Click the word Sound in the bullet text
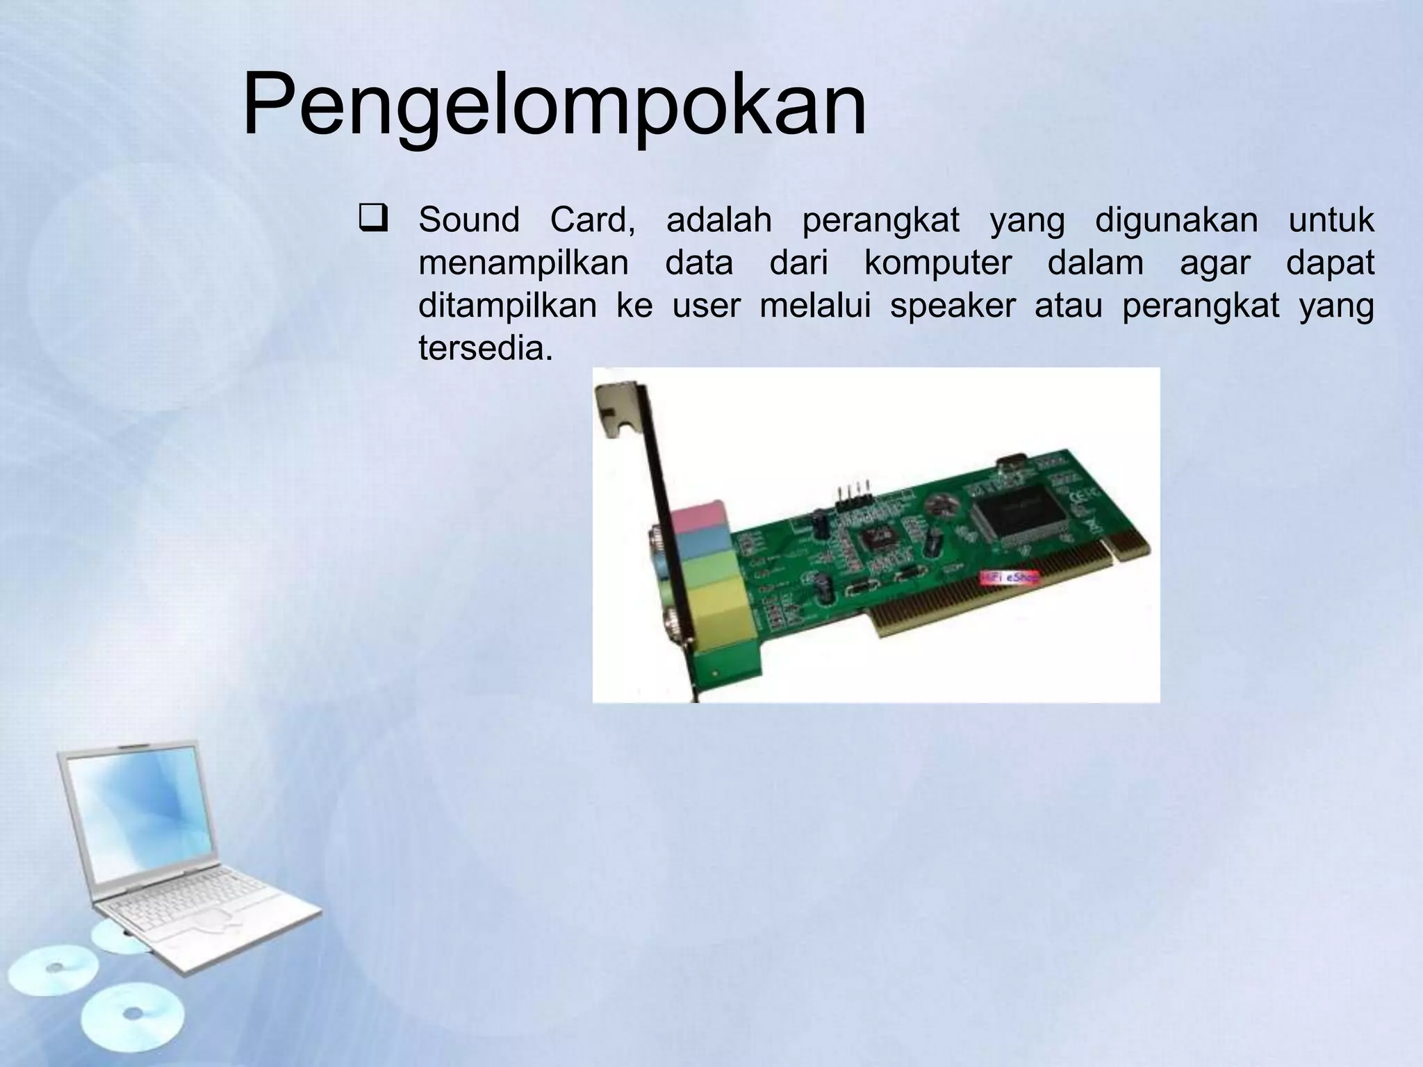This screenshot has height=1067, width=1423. coord(469,220)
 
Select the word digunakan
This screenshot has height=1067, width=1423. coord(1176,220)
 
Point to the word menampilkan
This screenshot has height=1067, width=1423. coord(523,263)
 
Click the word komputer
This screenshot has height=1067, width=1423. coord(937,263)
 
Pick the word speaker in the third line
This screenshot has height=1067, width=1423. coord(953,306)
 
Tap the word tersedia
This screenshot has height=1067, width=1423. coord(485,349)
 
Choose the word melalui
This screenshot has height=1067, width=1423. coord(815,306)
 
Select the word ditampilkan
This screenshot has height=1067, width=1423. coord(507,306)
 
